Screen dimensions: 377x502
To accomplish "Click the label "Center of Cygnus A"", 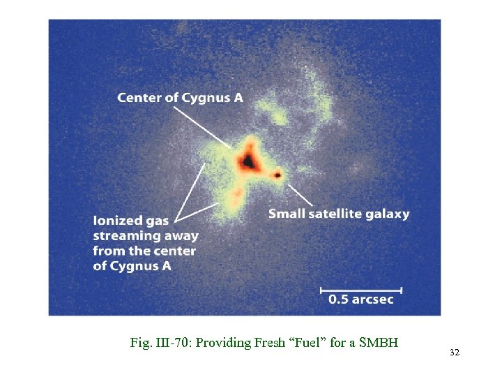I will click(x=180, y=98).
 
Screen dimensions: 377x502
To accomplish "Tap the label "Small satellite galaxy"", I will click(x=339, y=214).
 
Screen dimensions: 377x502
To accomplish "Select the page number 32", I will click(x=455, y=353).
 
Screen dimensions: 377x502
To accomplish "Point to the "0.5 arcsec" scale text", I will click(x=360, y=300).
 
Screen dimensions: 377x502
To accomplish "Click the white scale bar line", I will click(x=360, y=288).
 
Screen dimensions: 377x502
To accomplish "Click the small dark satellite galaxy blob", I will click(x=278, y=175).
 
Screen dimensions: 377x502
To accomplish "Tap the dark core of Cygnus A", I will click(x=247, y=161).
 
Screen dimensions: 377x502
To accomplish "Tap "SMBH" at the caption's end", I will click(x=381, y=343).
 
